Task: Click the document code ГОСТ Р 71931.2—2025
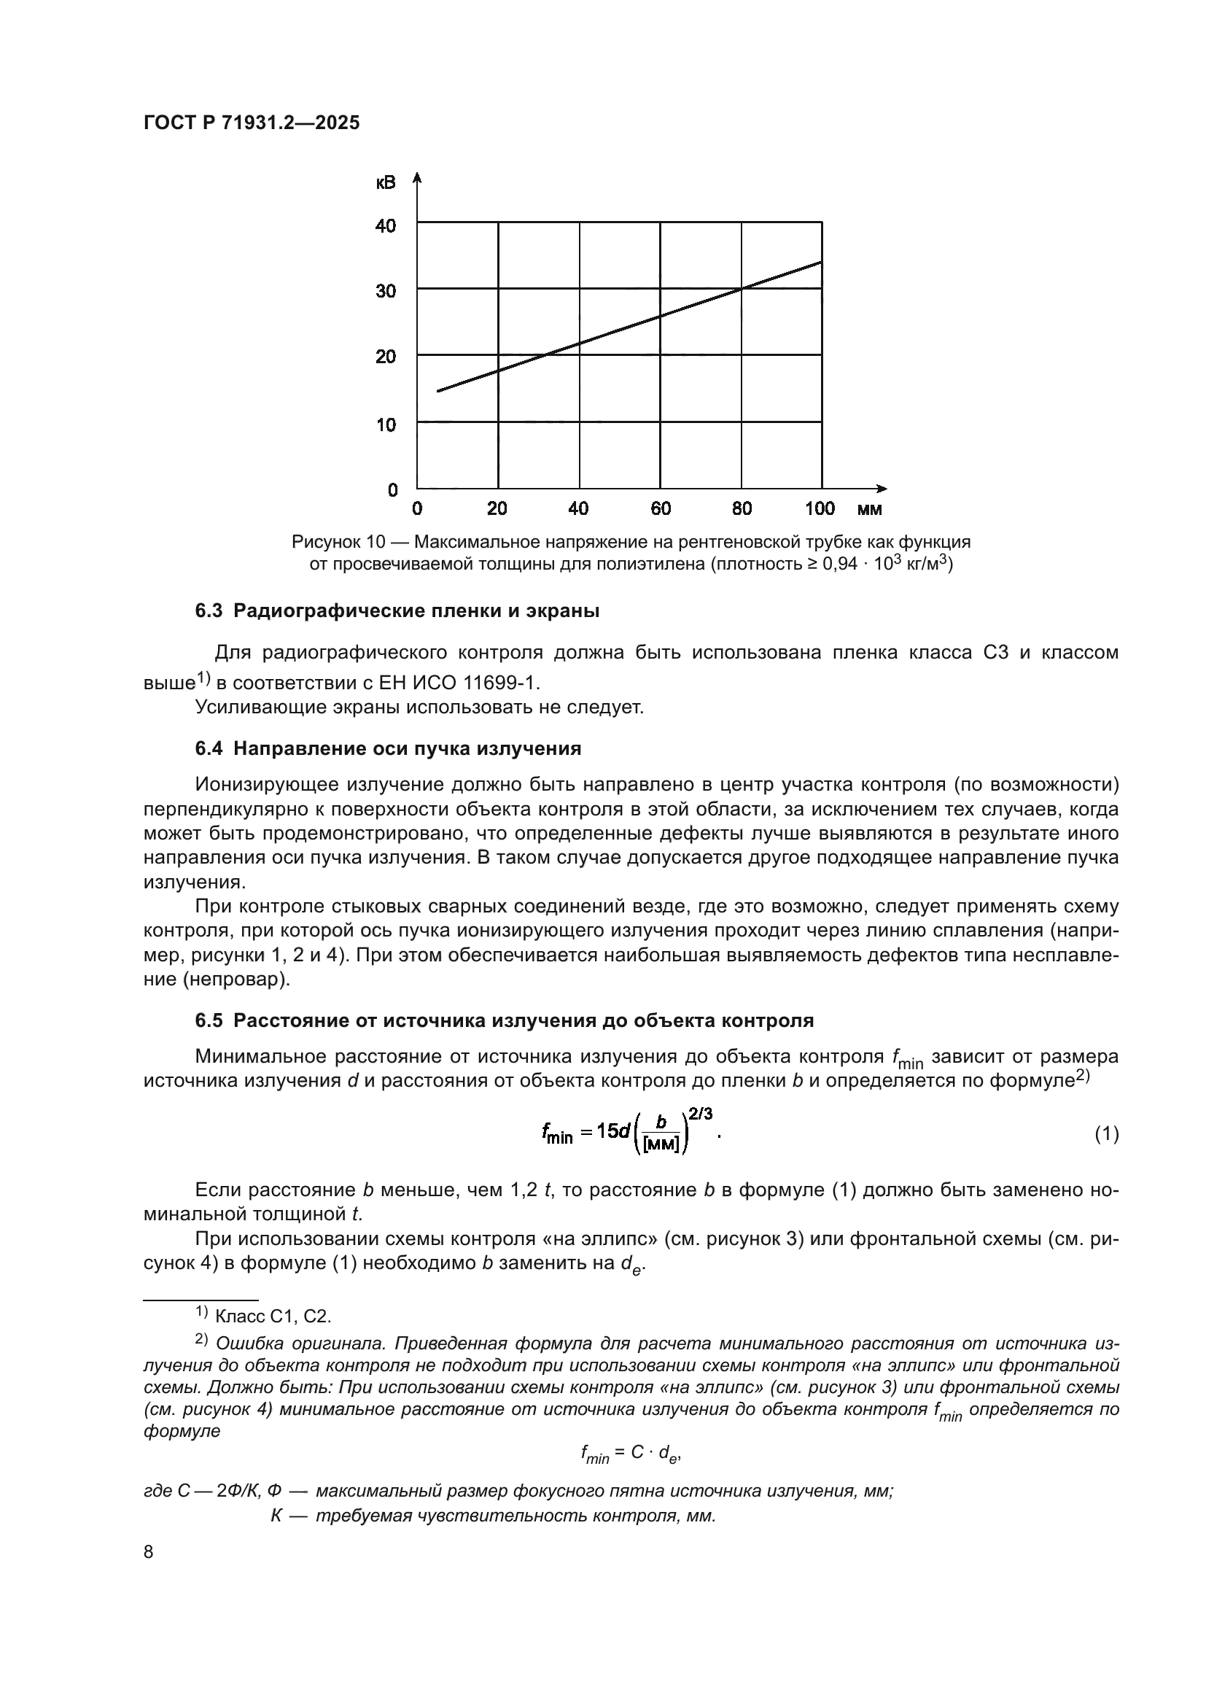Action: pos(251,123)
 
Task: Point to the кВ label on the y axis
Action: pos(386,182)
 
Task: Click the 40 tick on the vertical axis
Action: pos(386,225)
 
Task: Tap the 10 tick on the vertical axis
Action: pos(386,425)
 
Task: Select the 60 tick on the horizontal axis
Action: pos(660,508)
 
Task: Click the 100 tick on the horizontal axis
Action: pos(820,508)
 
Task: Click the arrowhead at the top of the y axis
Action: pos(417,177)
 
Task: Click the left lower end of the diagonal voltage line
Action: pos(439,390)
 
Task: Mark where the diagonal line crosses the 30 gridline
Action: pos(741,288)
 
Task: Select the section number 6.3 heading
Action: pos(209,610)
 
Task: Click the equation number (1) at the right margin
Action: pos(1107,1134)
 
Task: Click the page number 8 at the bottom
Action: pos(148,1551)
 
